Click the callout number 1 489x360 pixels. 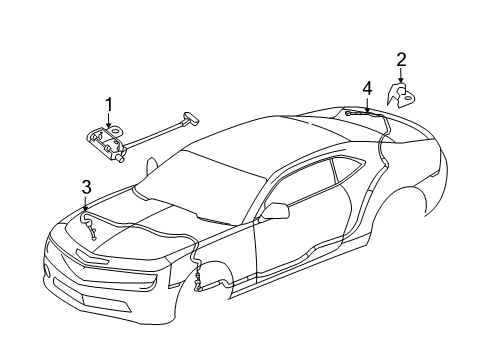[x=110, y=103]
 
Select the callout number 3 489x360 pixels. [x=86, y=185]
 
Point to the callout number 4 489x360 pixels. [x=367, y=90]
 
